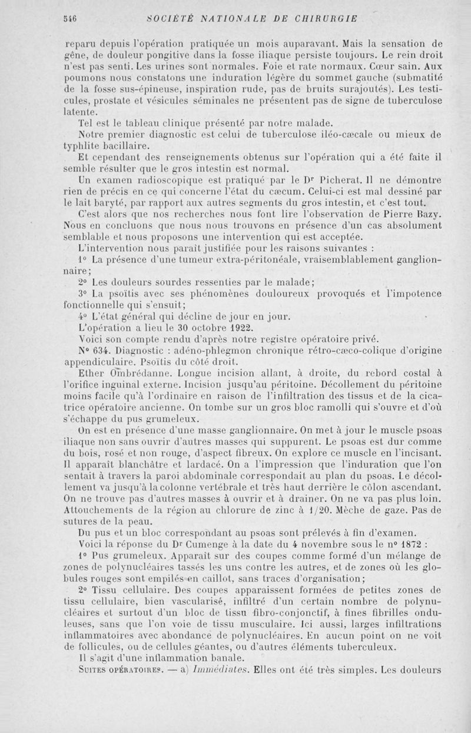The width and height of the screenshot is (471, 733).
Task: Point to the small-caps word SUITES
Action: tap(95, 669)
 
